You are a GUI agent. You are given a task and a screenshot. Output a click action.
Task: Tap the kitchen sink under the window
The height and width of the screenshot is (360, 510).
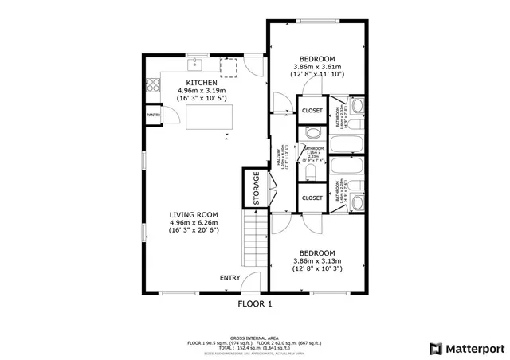coord(194,64)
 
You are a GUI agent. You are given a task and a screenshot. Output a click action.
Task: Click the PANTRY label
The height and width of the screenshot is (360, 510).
coord(153,115)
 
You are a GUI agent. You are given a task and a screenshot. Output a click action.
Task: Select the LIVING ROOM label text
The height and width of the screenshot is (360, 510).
coord(194,214)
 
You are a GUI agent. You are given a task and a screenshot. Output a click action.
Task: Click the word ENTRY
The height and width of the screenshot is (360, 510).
coord(230,277)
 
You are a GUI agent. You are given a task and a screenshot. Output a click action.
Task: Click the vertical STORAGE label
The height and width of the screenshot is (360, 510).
coord(257,189)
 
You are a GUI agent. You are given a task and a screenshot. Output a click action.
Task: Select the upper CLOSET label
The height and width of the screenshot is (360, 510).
coord(312,111)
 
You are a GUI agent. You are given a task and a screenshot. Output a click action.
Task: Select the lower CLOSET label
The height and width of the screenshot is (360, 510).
coord(312,197)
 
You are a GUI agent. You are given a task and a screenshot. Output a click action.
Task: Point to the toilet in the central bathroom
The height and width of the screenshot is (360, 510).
coord(313,169)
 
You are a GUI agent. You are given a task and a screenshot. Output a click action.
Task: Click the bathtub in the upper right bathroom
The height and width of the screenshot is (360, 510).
coord(347,145)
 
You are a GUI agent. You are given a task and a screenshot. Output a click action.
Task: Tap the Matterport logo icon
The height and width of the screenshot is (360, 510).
coord(435,348)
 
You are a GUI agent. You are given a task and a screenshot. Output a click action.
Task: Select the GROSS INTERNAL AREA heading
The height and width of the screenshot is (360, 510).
coord(255,338)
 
